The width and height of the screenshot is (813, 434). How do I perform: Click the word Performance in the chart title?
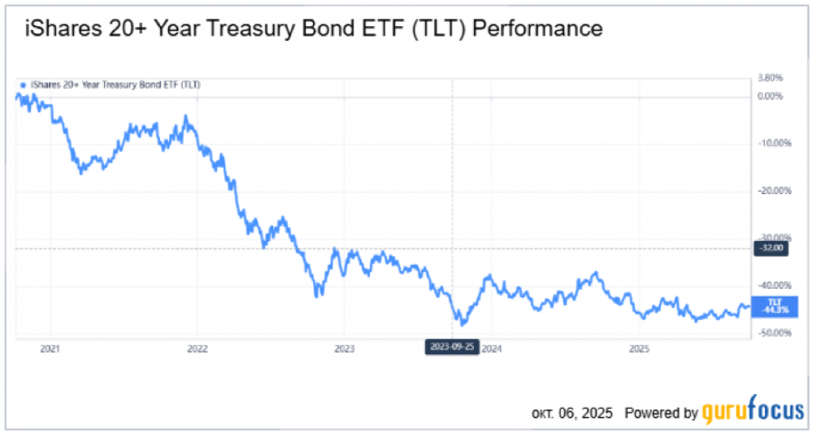click(x=537, y=28)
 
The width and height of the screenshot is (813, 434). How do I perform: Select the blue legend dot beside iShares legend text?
click(x=22, y=85)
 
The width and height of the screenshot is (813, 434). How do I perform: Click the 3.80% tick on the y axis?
click(x=770, y=78)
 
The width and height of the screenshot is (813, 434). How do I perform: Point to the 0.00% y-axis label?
click(x=770, y=96)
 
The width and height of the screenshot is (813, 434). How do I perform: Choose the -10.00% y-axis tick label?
click(x=775, y=142)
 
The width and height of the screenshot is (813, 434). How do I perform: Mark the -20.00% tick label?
click(x=775, y=191)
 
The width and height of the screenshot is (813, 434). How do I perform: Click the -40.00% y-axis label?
click(x=775, y=285)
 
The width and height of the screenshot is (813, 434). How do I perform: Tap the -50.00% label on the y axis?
click(x=775, y=332)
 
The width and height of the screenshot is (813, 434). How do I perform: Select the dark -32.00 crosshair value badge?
click(x=771, y=248)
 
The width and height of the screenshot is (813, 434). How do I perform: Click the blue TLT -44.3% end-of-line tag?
click(x=775, y=306)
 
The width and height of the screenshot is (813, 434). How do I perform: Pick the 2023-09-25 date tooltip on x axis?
click(x=452, y=347)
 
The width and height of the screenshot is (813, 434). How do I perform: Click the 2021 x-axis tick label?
click(x=50, y=349)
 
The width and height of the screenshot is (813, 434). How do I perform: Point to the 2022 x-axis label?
click(x=197, y=349)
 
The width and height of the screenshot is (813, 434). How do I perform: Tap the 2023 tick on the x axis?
click(x=344, y=349)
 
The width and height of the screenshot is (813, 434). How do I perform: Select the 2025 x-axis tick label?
click(x=639, y=349)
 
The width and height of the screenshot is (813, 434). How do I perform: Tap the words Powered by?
click(x=661, y=413)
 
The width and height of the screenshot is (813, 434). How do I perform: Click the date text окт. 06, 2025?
click(x=572, y=413)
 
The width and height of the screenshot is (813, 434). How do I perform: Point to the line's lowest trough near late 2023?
click(x=463, y=324)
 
